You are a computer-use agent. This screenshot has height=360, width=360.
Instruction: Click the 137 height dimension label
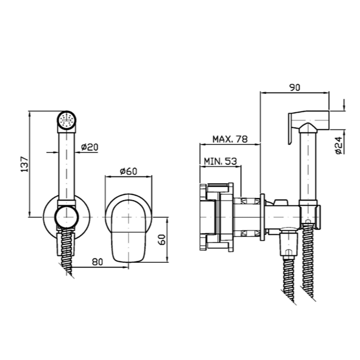pyautogui.click(x=25, y=164)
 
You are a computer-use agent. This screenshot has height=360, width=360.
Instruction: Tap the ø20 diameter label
pyautogui.click(x=90, y=147)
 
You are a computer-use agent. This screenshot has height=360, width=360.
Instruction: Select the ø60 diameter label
pyautogui.click(x=129, y=171)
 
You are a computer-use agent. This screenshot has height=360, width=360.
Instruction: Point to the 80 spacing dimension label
pyautogui.click(x=98, y=262)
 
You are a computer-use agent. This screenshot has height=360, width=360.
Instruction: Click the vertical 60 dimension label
pyautogui.click(x=162, y=239)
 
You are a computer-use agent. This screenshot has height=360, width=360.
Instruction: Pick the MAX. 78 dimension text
pyautogui.click(x=230, y=139)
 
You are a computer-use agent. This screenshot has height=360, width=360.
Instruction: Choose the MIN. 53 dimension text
pyautogui.click(x=220, y=161)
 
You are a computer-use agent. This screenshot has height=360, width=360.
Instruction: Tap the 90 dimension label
pyautogui.click(x=295, y=88)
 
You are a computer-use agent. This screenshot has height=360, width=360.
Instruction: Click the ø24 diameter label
pyautogui.click(x=338, y=146)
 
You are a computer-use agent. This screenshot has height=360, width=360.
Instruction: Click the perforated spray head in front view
pyautogui.click(x=67, y=120)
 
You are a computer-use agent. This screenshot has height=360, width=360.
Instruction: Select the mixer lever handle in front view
pyautogui.click(x=129, y=231)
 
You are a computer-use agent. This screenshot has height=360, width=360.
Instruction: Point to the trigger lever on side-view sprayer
pyautogui.click(x=290, y=128)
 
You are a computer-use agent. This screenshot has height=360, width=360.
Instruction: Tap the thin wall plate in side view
pyautogui.click(x=262, y=217)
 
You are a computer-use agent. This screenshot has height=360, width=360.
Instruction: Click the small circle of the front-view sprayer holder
pyautogui.click(x=67, y=217)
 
